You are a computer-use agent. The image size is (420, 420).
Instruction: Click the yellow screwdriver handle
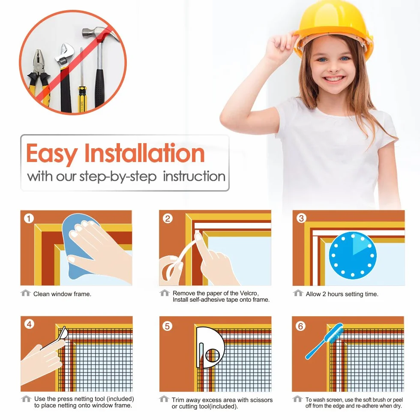pos(81,99)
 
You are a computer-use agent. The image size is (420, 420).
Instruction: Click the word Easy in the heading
pos(52,153)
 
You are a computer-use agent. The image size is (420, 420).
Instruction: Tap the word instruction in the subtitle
pos(194,176)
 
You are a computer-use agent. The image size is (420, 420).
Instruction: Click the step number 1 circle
pos(29,219)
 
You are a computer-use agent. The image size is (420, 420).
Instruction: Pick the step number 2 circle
pos(168,219)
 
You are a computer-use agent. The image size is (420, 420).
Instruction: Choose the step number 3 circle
pos(301,218)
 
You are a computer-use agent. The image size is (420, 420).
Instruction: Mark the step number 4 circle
pos(29,324)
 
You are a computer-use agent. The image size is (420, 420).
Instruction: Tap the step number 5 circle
pos(167,326)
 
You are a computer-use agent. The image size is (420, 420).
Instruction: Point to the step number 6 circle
pos(300,326)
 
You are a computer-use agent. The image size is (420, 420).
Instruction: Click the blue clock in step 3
pos(352,255)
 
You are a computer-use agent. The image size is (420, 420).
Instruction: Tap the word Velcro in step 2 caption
pos(249,293)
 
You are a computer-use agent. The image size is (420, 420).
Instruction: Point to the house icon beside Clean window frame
pos(26,293)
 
